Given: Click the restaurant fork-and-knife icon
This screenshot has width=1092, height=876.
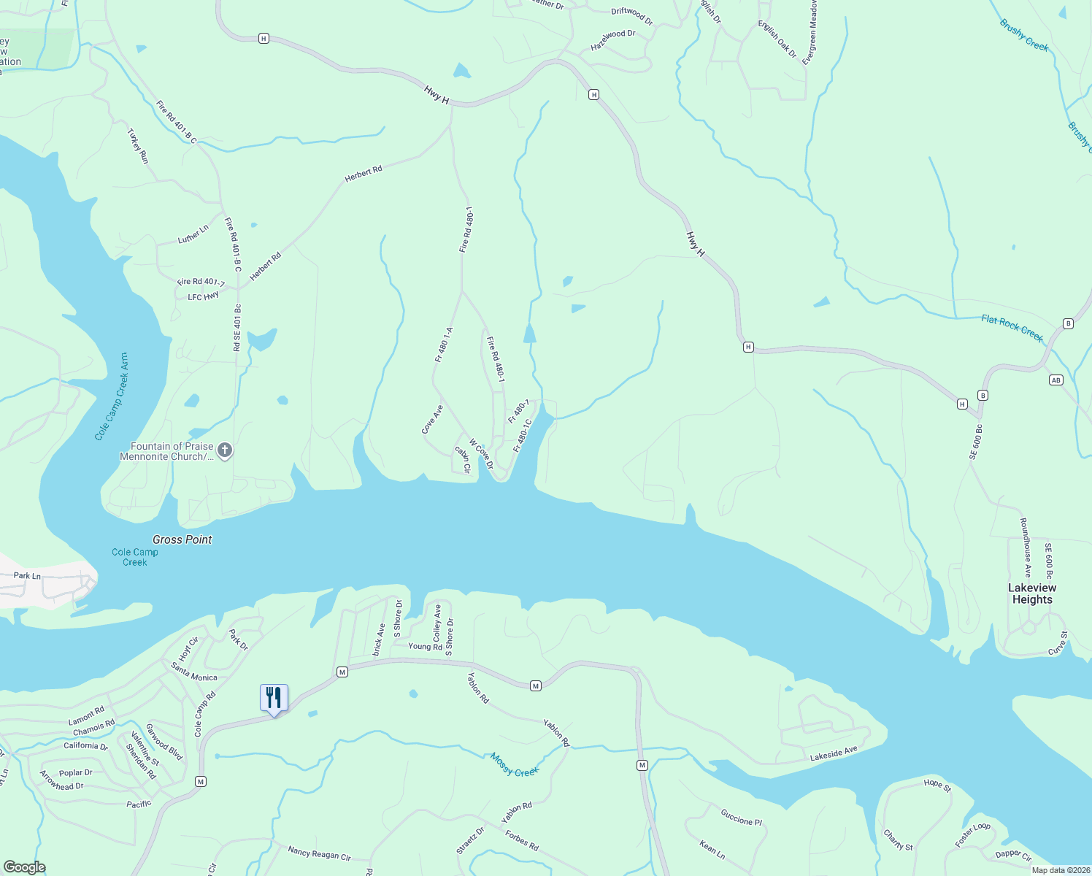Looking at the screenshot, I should coord(274,698).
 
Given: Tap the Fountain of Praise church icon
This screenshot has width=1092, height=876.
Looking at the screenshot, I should coord(225,450).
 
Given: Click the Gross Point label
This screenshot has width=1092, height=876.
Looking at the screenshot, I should coord(182,539).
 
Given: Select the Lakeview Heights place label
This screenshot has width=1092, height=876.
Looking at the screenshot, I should coord(1031,593).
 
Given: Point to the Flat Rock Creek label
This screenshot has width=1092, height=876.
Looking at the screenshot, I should coord(1012,328).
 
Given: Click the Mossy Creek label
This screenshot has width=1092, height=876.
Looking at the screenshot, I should coord(514,765).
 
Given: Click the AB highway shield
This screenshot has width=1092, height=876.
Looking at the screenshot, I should coord(1056,380).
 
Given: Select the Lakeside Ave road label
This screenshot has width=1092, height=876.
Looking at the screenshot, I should coord(833,754).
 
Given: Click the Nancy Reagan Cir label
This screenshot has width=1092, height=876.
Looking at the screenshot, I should coord(319,853).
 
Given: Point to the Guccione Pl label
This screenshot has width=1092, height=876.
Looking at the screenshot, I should coord(741,818).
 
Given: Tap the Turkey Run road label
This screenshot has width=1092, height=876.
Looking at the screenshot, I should coord(138,146).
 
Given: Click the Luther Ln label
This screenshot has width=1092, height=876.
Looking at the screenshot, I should coord(193,234).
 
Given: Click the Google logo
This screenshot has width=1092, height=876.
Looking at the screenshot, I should coord(24,867).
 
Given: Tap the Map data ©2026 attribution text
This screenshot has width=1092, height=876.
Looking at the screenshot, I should coord(1059,870).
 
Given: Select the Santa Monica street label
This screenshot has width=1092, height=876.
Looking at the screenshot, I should coord(194,672).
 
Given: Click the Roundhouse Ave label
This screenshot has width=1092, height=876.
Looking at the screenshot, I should coord(1025,547).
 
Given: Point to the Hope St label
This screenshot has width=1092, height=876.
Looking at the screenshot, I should coord(937,785).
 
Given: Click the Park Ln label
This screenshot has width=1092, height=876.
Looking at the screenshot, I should coord(27,576).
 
